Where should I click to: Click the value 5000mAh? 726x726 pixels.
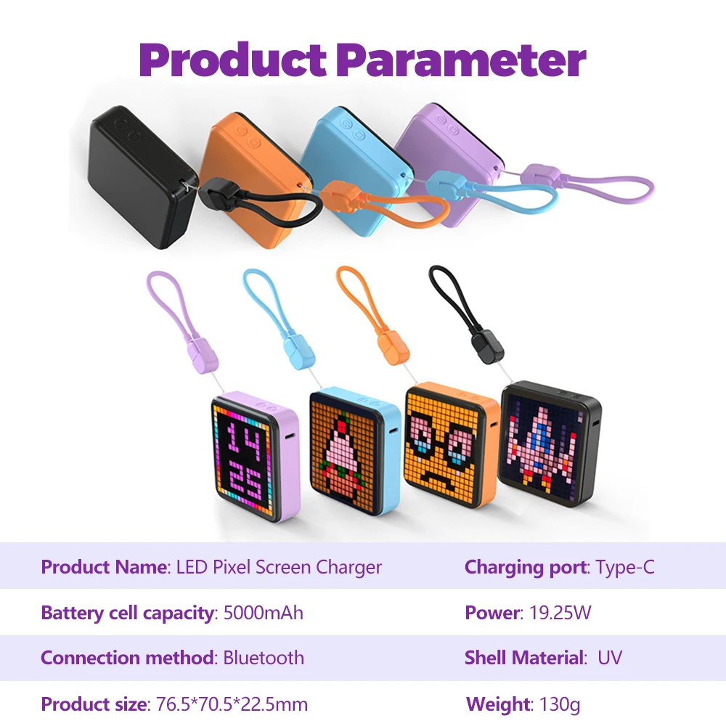(263, 613)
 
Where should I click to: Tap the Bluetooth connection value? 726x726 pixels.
(264, 658)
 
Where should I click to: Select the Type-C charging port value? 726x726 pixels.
(625, 567)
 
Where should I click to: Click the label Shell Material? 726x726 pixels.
(524, 658)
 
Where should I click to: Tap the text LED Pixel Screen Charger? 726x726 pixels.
(279, 567)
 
